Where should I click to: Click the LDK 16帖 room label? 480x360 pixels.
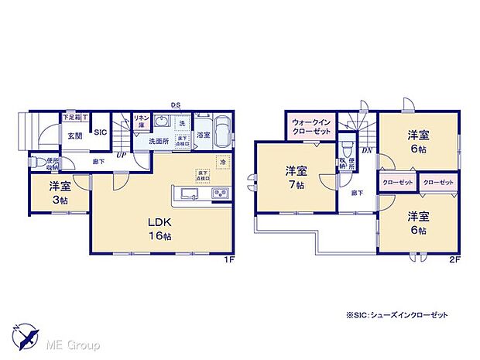click(x=160, y=228)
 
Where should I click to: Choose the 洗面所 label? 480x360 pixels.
click(x=159, y=142)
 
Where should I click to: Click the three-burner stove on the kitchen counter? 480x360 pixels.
click(x=218, y=194)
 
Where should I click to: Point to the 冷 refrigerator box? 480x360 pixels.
click(x=222, y=162)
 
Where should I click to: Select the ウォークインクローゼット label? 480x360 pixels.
click(x=313, y=127)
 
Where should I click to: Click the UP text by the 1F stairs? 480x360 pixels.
click(x=121, y=155)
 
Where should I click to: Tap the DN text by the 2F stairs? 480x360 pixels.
click(x=368, y=149)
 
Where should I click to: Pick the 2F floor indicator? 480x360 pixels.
click(x=455, y=260)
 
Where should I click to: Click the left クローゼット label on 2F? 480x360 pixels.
click(x=397, y=182)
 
